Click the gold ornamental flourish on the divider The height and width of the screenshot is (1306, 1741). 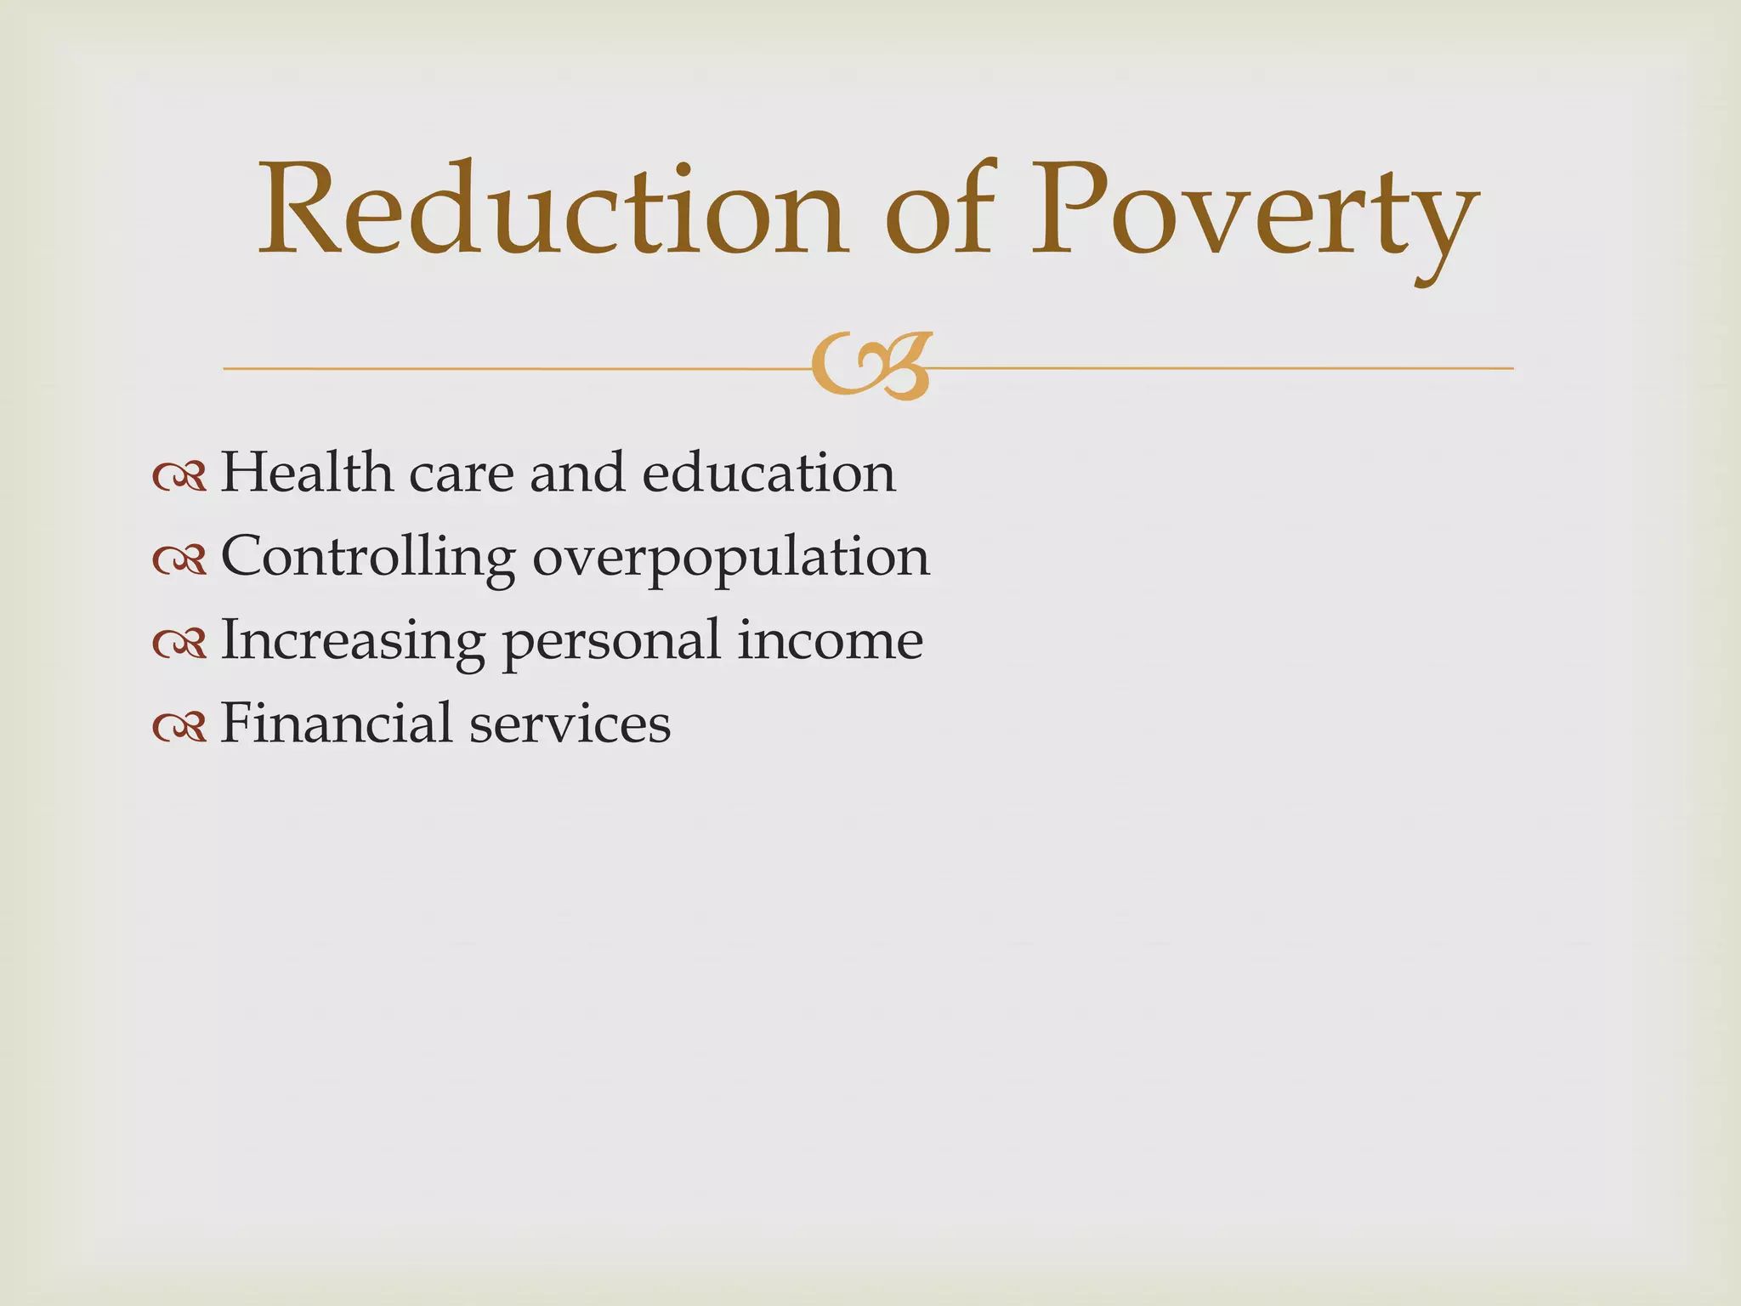(x=871, y=366)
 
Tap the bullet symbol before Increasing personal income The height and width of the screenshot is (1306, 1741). (x=179, y=644)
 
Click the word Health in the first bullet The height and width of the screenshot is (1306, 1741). (x=306, y=472)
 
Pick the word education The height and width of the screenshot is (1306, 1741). (x=768, y=472)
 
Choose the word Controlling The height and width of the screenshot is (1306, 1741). (x=367, y=558)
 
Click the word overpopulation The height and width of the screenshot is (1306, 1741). (x=731, y=558)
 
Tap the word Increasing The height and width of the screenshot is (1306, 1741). (x=352, y=641)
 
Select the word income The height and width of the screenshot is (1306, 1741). (x=830, y=639)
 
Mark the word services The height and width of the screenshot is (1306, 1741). (x=570, y=724)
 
